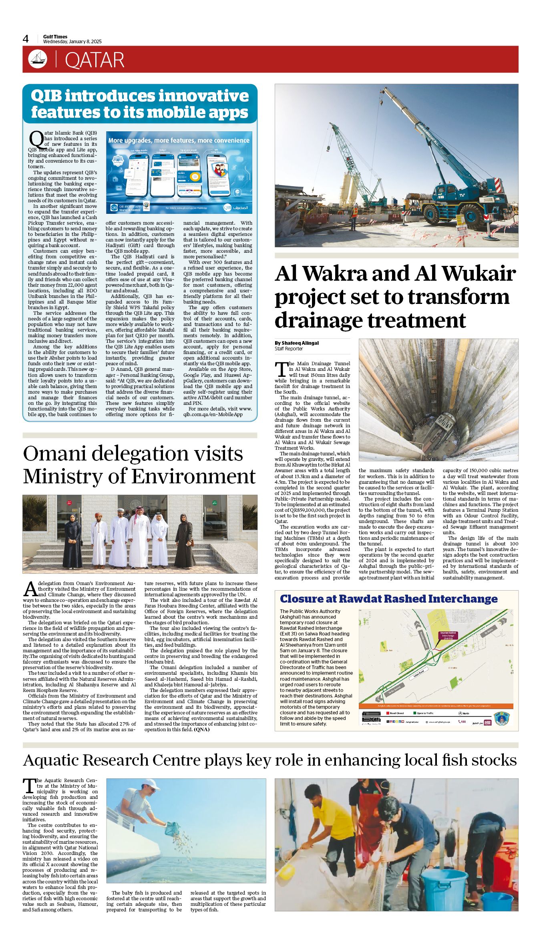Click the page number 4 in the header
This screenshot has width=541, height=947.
(26, 39)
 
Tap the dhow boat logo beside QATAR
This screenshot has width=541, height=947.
(37, 59)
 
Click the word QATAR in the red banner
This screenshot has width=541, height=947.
(95, 60)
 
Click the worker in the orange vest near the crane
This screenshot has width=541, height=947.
(354, 216)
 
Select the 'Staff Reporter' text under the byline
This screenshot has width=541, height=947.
(289, 349)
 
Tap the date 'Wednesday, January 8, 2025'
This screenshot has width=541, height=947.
(72, 42)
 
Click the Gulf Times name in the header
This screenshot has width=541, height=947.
(55, 36)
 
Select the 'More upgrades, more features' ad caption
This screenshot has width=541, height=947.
(179, 141)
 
